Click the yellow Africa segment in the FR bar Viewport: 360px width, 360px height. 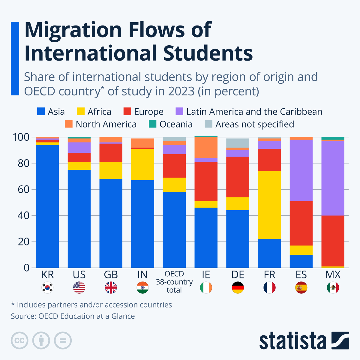(x=269, y=205)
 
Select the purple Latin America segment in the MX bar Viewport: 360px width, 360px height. (x=333, y=178)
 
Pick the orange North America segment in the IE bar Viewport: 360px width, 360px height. (x=206, y=147)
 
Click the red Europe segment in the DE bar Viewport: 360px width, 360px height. (x=238, y=177)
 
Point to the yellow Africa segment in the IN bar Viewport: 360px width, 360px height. (x=142, y=164)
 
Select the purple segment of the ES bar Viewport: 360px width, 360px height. (x=301, y=170)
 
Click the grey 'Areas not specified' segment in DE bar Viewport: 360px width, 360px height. (x=238, y=143)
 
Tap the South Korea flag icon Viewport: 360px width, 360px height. (x=47, y=288)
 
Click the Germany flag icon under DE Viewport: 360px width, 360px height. (x=238, y=288)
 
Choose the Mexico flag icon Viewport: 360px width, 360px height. (x=333, y=288)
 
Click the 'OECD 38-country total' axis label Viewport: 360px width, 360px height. (x=174, y=282)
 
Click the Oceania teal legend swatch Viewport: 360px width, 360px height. (x=153, y=124)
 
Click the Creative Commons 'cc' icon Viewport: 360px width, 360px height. (x=19, y=340)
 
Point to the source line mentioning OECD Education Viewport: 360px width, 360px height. (x=73, y=316)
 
